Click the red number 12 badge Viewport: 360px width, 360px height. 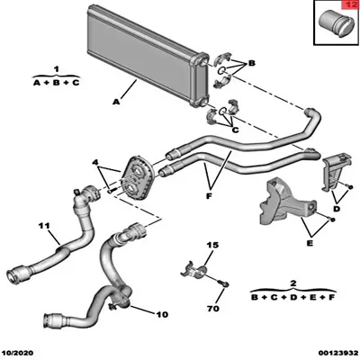click(x=351, y=5)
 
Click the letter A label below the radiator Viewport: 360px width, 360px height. click(x=116, y=102)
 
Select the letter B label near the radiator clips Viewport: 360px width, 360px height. click(x=251, y=63)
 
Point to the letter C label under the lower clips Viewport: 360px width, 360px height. click(x=236, y=130)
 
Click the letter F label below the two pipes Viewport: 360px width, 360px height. click(x=209, y=196)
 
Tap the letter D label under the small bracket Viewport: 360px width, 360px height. click(x=337, y=208)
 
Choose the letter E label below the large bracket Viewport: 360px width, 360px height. click(x=310, y=243)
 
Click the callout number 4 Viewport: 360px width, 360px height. click(x=95, y=163)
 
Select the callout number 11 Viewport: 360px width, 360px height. click(x=44, y=226)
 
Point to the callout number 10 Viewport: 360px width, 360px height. click(x=162, y=314)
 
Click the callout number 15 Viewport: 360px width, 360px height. click(x=212, y=245)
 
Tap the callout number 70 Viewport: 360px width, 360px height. click(x=213, y=309)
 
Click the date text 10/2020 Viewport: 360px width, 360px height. click(x=19, y=353)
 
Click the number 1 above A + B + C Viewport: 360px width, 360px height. click(x=56, y=69)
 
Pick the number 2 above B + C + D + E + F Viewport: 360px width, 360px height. click(x=293, y=283)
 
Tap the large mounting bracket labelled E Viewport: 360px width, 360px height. click(x=286, y=202)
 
